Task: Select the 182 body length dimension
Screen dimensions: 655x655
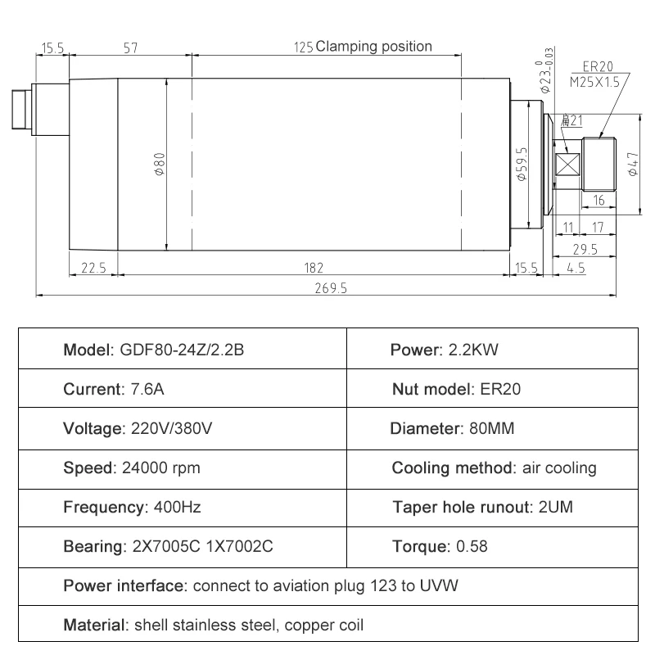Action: coord(314,267)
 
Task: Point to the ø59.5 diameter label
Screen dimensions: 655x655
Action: coord(522,161)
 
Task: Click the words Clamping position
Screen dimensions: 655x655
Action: coord(373,47)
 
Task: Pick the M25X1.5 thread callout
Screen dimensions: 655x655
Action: coord(594,81)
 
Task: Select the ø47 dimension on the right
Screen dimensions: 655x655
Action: coord(632,163)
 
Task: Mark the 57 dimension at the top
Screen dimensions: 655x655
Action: coord(129,48)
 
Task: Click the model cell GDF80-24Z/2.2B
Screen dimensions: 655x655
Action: coord(154,350)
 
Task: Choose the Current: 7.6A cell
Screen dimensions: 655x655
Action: coord(114,390)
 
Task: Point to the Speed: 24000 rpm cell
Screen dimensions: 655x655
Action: coord(132,468)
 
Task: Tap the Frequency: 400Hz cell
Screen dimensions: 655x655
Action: coord(132,508)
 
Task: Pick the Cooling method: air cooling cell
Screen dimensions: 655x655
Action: coord(494,468)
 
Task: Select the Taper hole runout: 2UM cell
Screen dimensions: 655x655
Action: coord(482,508)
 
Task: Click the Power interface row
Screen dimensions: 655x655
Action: coord(260,586)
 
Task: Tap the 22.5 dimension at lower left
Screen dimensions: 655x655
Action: coord(93,267)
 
